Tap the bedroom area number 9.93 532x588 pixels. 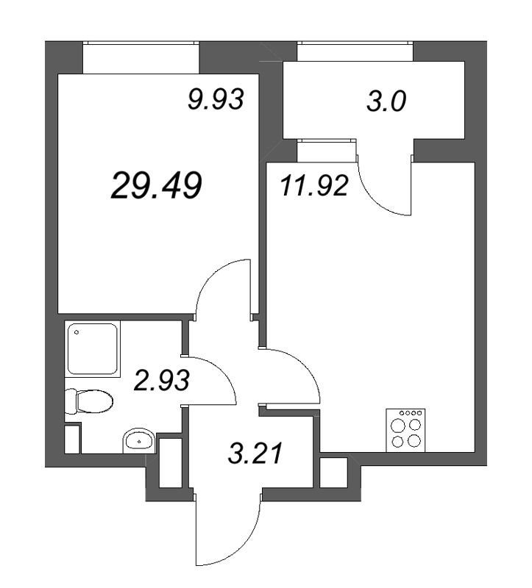pyautogui.click(x=215, y=99)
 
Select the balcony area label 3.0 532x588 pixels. pyautogui.click(x=386, y=102)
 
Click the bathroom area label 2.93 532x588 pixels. pyautogui.click(x=162, y=381)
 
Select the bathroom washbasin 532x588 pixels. pyautogui.click(x=138, y=441)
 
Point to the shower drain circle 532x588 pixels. pyautogui.click(x=76, y=333)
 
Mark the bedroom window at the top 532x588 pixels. pyautogui.click(x=141, y=57)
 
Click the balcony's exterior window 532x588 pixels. pyautogui.click(x=355, y=51)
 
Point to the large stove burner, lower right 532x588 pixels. pyautogui.click(x=415, y=442)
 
